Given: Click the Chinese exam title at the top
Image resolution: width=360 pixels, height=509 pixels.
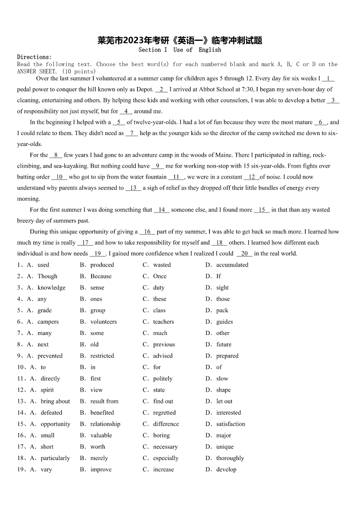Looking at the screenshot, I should pos(180,40).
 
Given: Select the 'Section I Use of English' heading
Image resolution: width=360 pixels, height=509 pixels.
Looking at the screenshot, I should pos(180,50).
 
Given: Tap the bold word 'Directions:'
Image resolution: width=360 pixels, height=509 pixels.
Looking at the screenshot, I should pos(34,57).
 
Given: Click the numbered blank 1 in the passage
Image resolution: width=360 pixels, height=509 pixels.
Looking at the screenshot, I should pos(328,78).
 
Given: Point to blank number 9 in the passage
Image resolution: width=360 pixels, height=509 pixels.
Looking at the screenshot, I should pos(157,166).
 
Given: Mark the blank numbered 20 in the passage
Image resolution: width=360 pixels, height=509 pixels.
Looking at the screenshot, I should pos(244,254).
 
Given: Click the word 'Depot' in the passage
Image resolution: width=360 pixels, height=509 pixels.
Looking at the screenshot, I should pos(144,90).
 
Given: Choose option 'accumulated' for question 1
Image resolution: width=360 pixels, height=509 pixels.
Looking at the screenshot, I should pos(232,265).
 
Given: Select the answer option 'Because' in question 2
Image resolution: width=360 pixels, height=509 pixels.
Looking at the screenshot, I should pos(101,276).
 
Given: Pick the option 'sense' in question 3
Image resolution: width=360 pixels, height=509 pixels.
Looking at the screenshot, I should pos(97,288).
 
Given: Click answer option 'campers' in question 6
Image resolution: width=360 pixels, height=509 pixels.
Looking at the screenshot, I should pos(48,322).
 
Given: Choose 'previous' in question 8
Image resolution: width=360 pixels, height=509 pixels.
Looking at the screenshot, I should pos(164,344).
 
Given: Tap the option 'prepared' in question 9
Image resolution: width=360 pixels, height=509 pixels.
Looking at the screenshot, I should pos(227,356).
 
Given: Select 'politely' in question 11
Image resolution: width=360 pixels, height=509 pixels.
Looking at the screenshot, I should pos(163,378).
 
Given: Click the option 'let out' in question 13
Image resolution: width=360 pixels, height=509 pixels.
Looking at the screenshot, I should pos(224,401).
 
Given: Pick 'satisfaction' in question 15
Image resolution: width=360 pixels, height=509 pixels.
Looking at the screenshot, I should pos(230,424).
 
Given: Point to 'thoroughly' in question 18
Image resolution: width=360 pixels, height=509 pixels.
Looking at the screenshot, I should pos(230,458).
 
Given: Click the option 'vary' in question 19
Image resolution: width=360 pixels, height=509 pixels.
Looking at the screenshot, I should pos(46,470).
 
